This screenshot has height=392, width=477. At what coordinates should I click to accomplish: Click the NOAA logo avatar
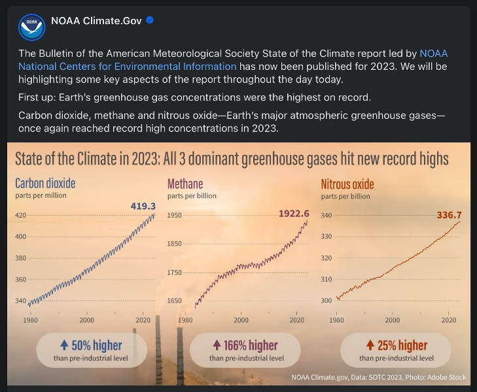28,27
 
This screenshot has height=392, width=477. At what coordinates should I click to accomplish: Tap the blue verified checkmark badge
150,21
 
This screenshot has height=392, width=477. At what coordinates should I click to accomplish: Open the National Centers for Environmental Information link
128,66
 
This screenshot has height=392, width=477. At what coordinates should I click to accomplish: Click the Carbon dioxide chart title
45,183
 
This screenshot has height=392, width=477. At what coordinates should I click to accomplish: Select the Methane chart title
185,183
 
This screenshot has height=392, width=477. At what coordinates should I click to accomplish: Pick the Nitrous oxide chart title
347,184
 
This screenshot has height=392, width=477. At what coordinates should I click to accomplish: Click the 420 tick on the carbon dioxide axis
20,216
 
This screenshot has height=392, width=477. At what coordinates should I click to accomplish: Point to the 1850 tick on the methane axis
175,244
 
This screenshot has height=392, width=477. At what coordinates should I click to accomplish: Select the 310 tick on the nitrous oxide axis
325,279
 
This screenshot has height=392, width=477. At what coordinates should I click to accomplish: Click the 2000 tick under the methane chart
241,320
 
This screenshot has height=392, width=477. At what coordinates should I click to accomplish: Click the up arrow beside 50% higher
63,345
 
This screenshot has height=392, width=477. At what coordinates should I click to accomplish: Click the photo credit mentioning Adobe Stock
438,377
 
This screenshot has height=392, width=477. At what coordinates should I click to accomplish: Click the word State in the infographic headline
32,159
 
